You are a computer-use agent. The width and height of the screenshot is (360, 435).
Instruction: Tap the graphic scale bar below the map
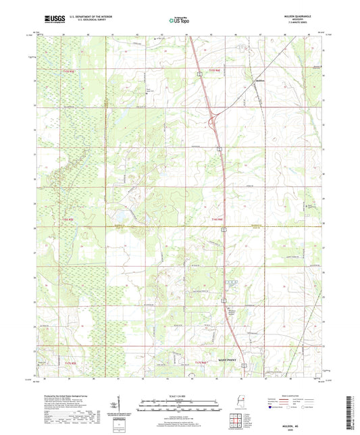(179, 405)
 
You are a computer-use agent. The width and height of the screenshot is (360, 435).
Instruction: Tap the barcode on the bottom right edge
(354, 405)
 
